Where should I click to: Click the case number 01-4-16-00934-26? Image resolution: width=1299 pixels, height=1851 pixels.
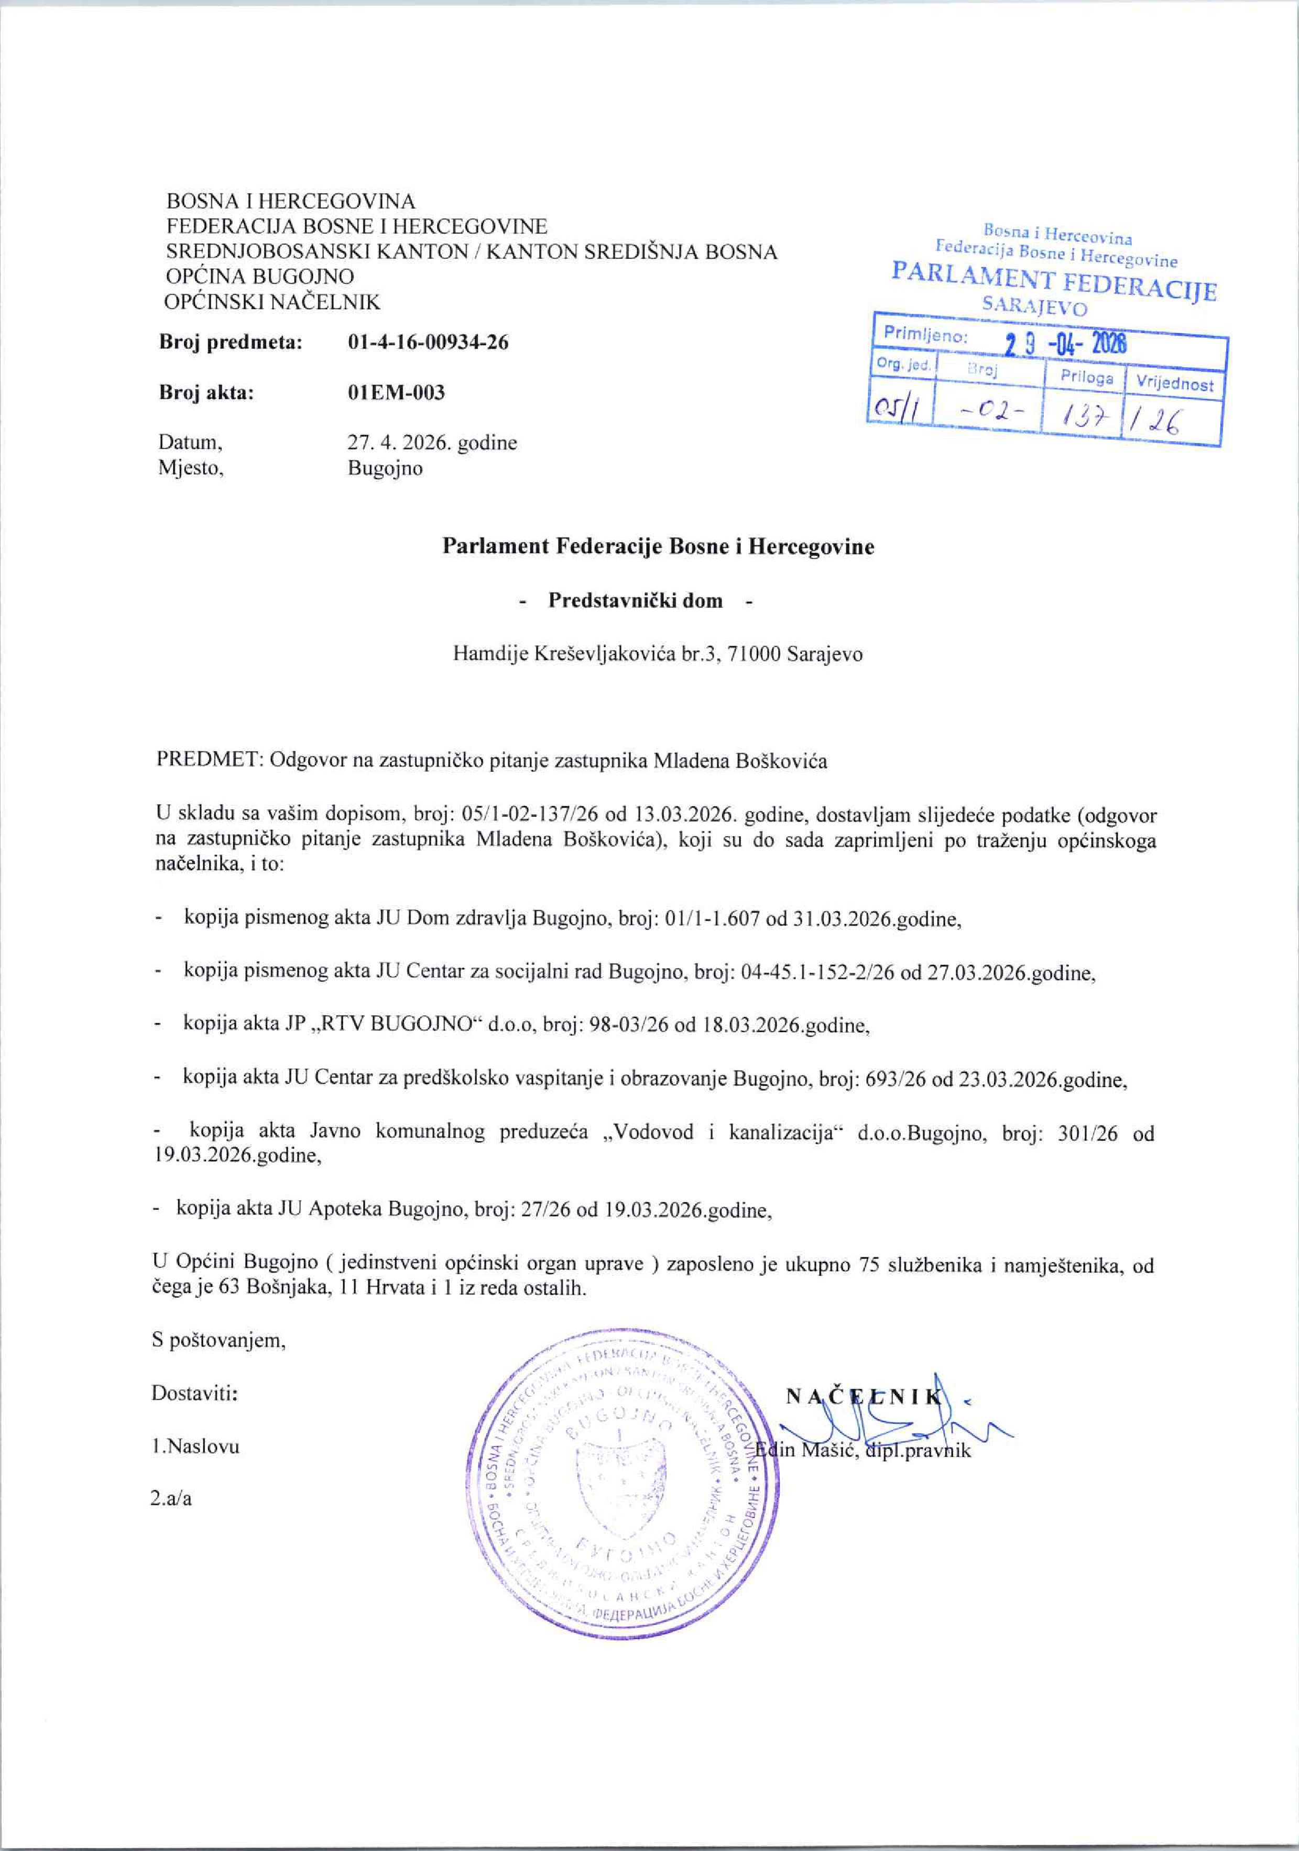click(x=428, y=342)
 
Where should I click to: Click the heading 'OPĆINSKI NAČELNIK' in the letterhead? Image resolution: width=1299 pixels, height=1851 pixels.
click(x=272, y=302)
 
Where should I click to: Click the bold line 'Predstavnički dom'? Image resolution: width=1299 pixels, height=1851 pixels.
click(x=636, y=600)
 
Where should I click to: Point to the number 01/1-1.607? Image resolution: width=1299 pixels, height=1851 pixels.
click(x=711, y=919)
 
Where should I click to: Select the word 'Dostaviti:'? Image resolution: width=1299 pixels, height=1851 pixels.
click(x=194, y=1393)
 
